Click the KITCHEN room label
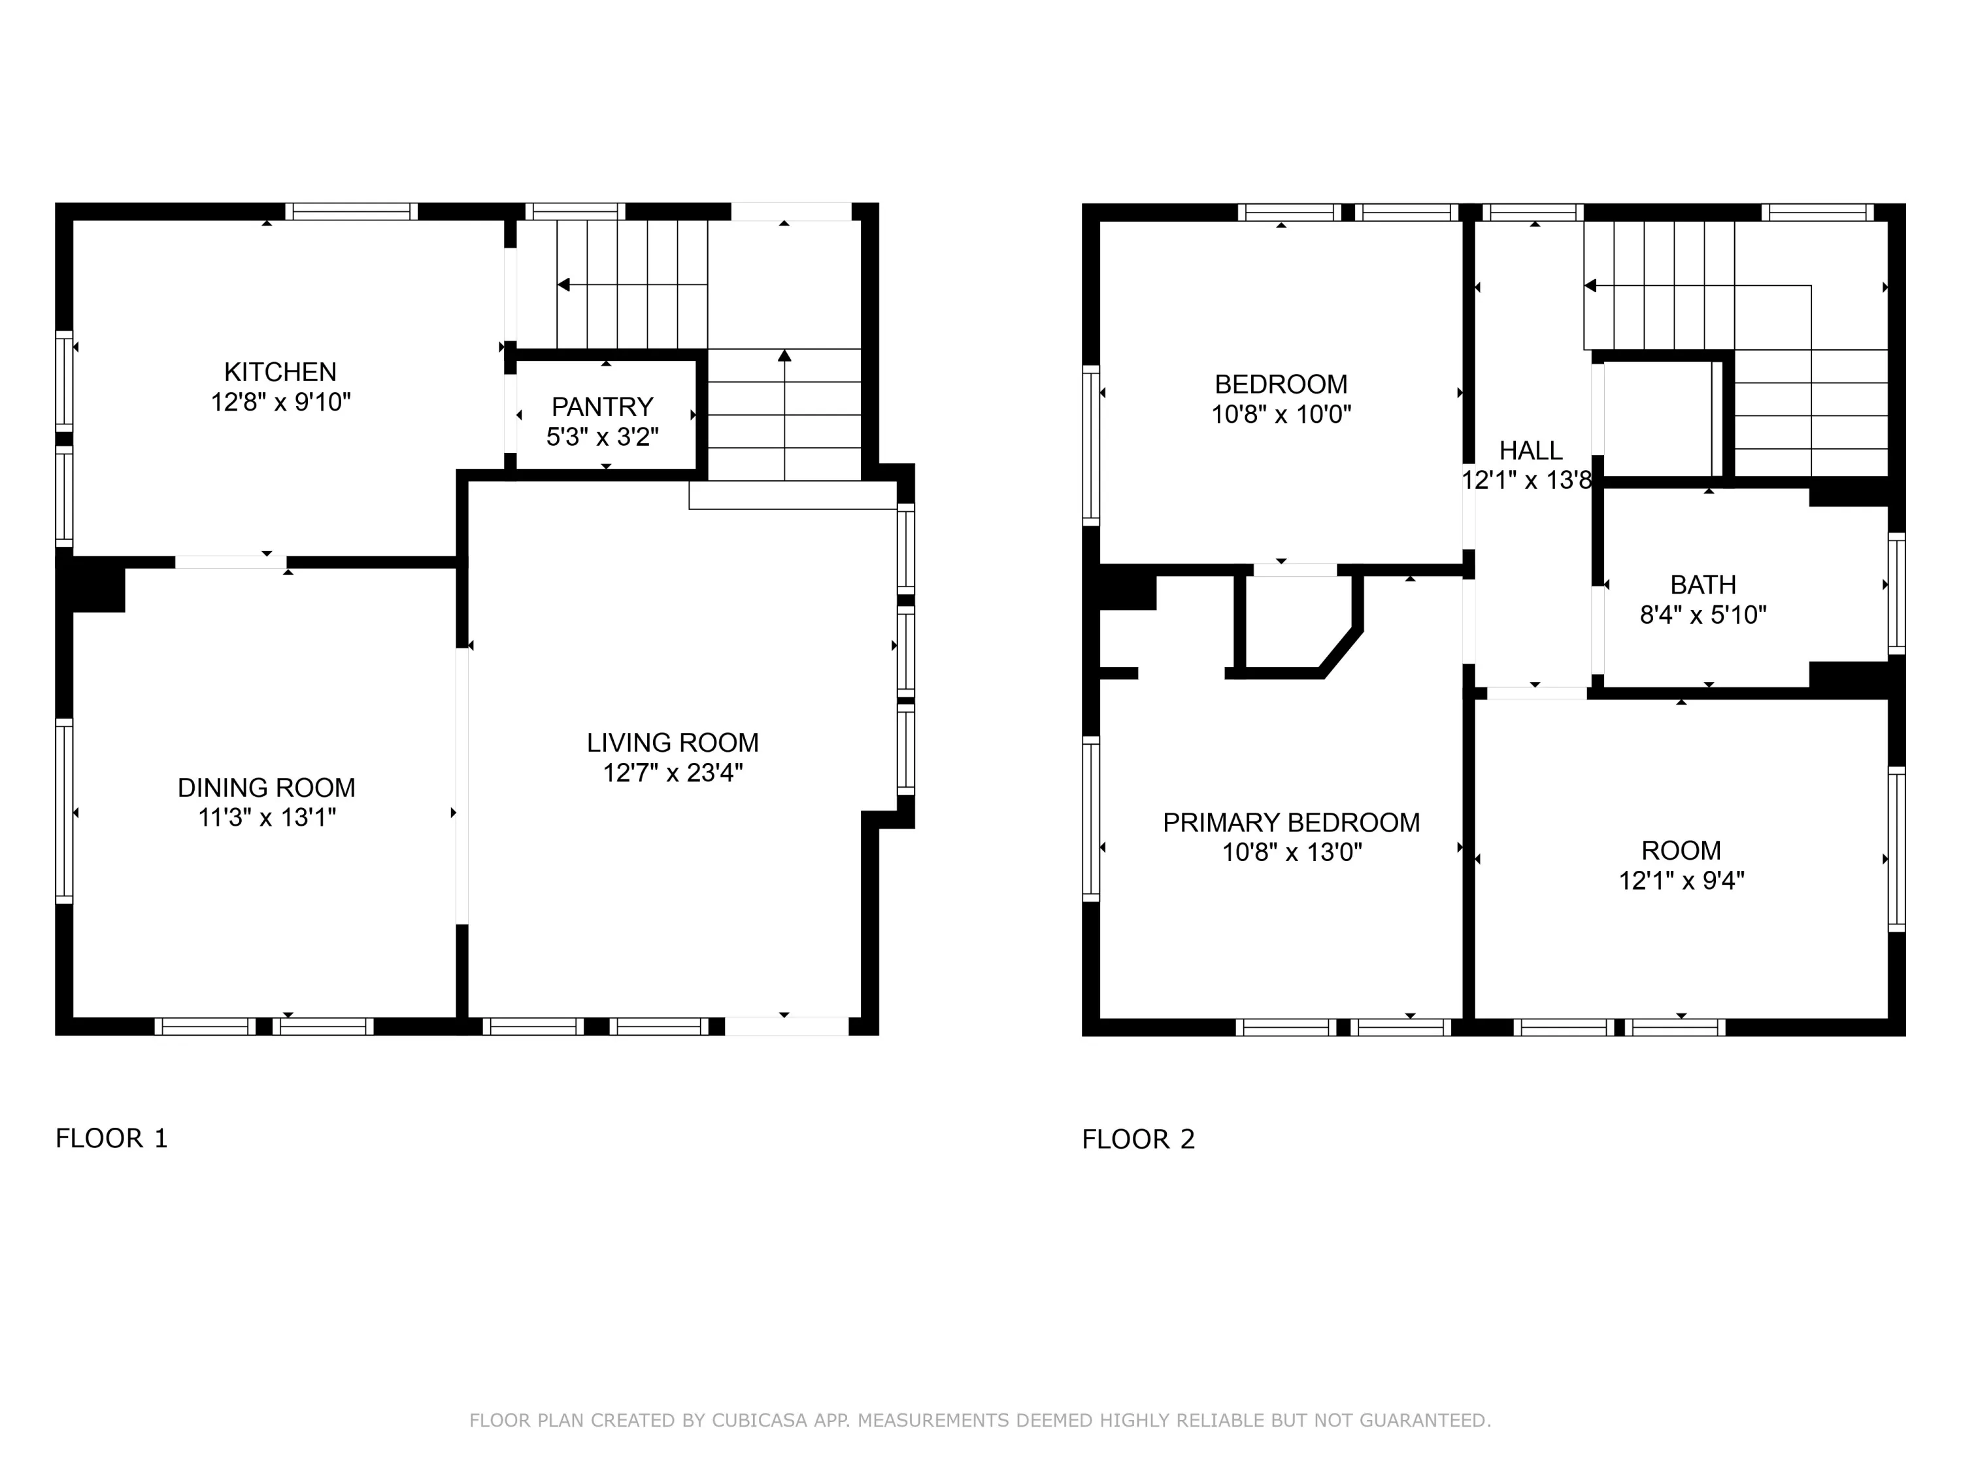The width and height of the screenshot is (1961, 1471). [280, 371]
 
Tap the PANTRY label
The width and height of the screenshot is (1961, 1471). [602, 407]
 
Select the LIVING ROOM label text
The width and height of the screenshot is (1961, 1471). [673, 742]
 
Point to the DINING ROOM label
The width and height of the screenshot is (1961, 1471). [266, 787]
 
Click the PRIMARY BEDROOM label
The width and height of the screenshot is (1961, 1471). [1291, 823]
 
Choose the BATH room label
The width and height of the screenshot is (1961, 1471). [1703, 585]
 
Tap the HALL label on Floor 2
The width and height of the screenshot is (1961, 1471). [1531, 450]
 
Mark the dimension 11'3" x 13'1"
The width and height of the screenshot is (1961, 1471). [266, 817]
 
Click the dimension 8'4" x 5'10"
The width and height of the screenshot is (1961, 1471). [1703, 615]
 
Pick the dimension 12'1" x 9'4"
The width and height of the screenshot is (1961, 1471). [1682, 881]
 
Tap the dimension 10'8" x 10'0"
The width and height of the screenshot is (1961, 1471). [1281, 414]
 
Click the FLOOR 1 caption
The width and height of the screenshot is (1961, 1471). [112, 1138]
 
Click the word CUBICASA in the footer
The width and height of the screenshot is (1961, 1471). [760, 1421]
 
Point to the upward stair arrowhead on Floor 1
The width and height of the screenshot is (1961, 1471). [784, 356]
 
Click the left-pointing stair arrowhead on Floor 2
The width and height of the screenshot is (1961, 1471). [1590, 286]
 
